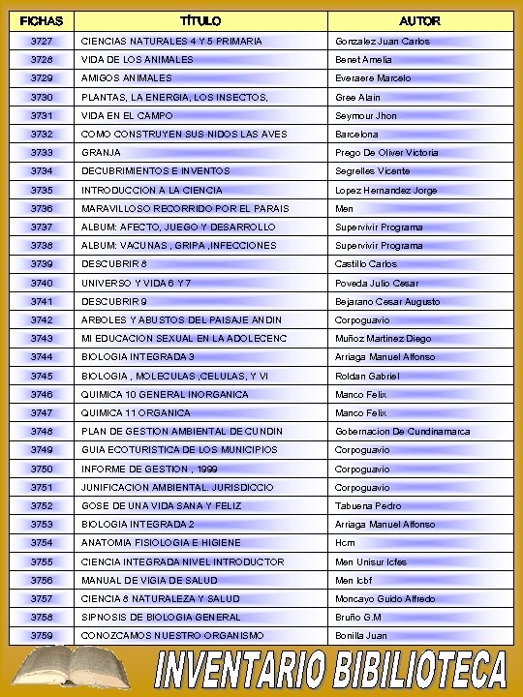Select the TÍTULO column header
coord(200,20)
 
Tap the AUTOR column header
coord(419,20)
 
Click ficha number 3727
coord(42,42)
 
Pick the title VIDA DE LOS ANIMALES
coord(137,60)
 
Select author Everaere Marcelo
coord(373,78)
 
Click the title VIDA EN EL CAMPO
coord(127,115)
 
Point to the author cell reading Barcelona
coord(356,134)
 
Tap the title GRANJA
coord(102,153)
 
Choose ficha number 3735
coord(42,190)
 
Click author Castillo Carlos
coord(366,264)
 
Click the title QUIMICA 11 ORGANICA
coord(136,412)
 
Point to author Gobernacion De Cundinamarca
coord(402,431)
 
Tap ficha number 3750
coord(42,469)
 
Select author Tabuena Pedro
coord(368,505)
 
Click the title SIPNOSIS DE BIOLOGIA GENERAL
coord(161,617)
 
